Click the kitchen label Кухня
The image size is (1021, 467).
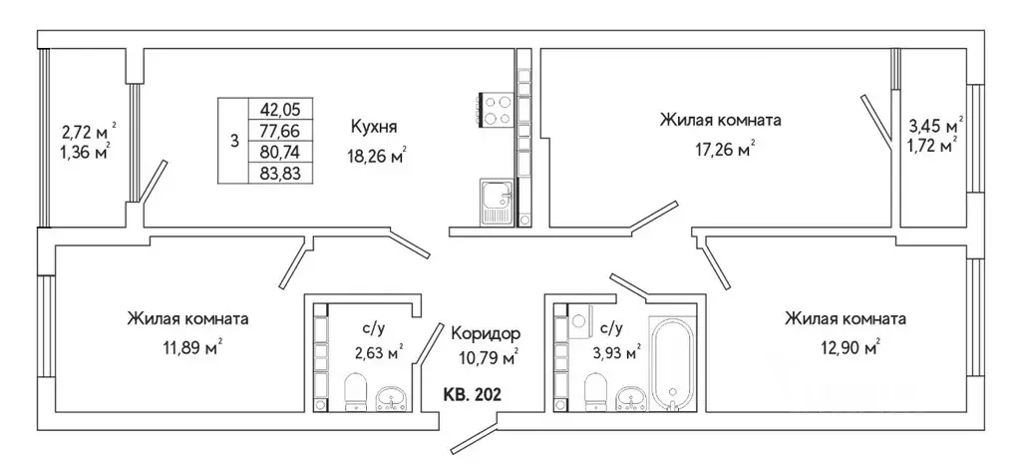pos(375,127)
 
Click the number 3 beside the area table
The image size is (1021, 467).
pos(234,141)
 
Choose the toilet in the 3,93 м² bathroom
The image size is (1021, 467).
pos(595,390)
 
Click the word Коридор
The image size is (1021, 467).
pos(486,332)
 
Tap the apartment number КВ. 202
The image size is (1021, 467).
pos(472,395)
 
